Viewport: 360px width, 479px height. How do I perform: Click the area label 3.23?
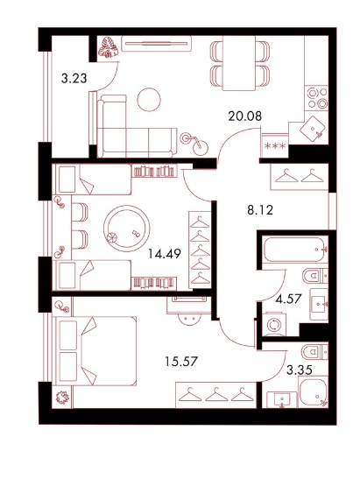74,79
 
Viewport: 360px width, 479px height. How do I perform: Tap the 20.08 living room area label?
245,116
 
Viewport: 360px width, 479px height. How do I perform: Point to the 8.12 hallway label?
260,210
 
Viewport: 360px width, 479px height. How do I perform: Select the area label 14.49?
165,253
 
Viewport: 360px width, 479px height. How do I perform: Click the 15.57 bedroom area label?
181,362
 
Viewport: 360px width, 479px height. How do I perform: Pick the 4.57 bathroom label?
288,299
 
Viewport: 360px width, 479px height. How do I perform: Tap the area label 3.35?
300,370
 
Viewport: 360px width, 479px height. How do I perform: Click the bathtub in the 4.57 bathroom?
295,250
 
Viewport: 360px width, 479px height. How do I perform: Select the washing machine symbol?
274,324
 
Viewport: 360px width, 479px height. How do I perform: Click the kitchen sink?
314,129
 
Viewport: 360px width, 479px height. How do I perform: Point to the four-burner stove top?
317,98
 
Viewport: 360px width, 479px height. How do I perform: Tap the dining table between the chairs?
238,63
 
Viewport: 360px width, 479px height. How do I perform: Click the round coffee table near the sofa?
149,99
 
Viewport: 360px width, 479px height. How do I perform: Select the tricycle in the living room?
194,143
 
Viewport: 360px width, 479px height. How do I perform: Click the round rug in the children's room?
127,229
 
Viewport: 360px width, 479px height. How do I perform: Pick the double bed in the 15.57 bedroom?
95,350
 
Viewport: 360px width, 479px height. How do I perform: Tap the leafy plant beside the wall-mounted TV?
108,47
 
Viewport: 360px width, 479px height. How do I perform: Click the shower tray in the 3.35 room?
313,392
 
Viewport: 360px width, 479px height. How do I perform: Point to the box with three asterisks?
275,145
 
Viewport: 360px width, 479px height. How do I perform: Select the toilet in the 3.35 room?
314,352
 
